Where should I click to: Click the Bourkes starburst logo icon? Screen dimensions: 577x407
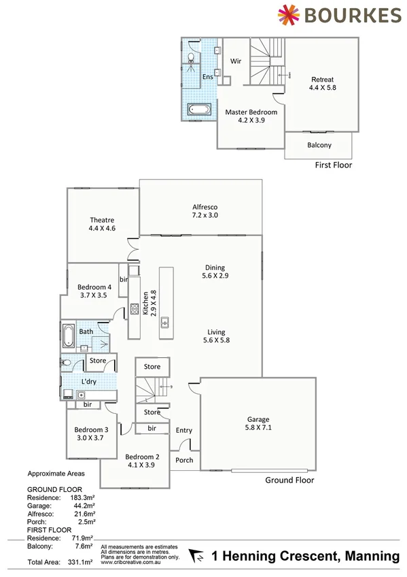(289, 15)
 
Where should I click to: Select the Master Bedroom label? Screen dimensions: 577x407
(251, 116)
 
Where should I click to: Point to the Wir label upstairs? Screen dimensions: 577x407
(236, 61)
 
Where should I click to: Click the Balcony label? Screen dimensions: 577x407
(319, 145)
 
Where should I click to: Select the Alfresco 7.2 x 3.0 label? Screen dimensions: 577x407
(205, 211)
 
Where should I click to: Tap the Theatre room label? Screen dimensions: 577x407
(102, 224)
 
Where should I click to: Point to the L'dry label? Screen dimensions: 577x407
(90, 382)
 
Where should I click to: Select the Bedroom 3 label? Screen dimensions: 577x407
(92, 433)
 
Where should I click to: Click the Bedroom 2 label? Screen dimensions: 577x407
(142, 461)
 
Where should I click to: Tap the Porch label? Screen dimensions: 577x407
(184, 460)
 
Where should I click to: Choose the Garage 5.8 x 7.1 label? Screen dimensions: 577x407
(258, 423)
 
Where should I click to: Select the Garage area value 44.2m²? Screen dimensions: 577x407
(83, 506)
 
